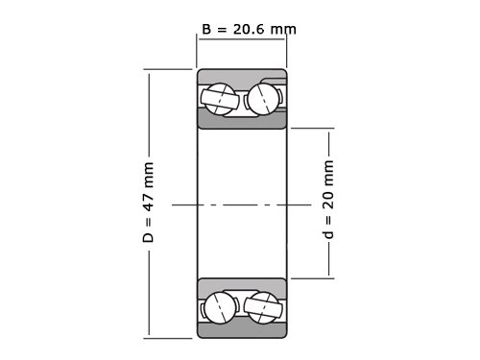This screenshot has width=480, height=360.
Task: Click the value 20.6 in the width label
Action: [x=249, y=30]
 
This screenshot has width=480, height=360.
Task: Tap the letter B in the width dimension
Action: [x=206, y=30]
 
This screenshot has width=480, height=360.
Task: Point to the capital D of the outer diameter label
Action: [x=148, y=238]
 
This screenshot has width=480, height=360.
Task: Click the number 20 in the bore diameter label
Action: [x=328, y=200]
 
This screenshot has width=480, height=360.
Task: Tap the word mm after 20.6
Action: [x=283, y=30]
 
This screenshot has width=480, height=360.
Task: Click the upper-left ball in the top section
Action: [x=220, y=99]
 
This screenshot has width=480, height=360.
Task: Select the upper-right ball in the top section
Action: [x=264, y=99]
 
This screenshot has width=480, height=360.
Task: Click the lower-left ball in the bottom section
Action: [x=220, y=308]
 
